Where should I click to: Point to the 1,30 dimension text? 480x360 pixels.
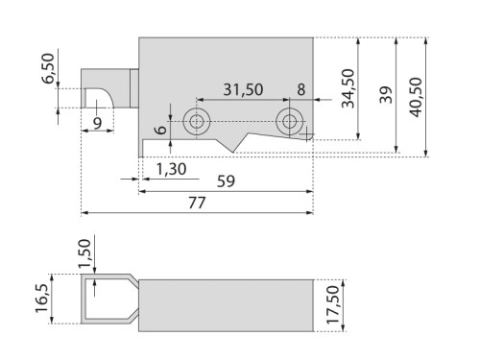170,168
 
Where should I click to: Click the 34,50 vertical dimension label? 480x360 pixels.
348,88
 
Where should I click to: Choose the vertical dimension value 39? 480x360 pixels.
385,95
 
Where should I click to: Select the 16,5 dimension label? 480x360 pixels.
39,300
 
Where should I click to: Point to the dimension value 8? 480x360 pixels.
300,89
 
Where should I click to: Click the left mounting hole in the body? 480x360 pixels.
198,121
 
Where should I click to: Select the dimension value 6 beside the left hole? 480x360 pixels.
159,127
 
